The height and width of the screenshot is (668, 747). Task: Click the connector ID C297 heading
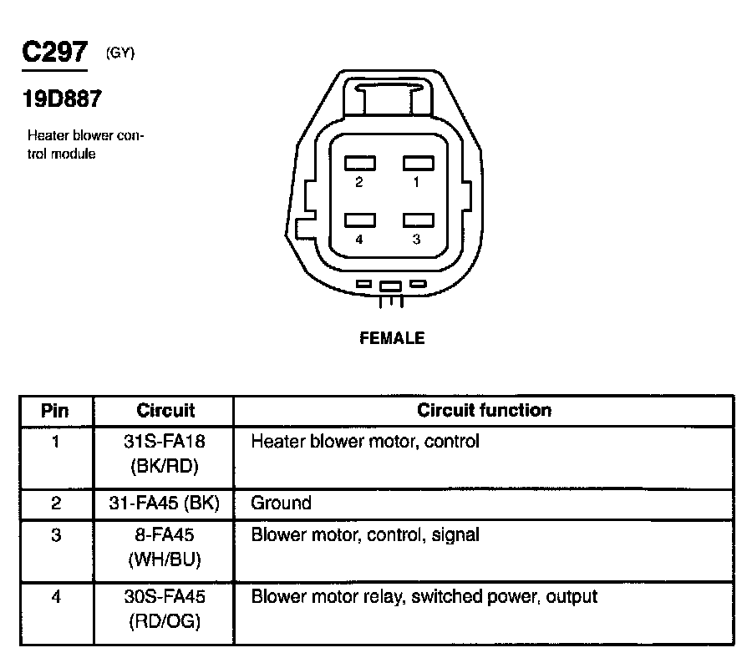click(x=53, y=53)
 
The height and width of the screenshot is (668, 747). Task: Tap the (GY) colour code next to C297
click(x=120, y=53)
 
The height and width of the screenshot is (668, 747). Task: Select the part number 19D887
click(x=62, y=99)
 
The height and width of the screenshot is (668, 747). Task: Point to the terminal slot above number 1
click(x=418, y=163)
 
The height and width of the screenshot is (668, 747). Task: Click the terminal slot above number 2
click(x=360, y=163)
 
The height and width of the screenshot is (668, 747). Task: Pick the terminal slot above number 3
click(x=418, y=220)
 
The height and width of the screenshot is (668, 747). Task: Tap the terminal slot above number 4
click(x=360, y=220)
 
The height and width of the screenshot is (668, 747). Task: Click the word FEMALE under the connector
click(x=392, y=338)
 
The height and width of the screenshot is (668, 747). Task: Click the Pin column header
click(x=55, y=411)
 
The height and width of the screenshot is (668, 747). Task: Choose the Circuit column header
click(x=165, y=411)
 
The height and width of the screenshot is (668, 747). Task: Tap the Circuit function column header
click(x=484, y=410)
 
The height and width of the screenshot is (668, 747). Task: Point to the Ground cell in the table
click(x=281, y=503)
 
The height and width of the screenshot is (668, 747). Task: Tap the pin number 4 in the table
click(x=55, y=598)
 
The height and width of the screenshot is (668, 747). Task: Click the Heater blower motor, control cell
click(x=365, y=441)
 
